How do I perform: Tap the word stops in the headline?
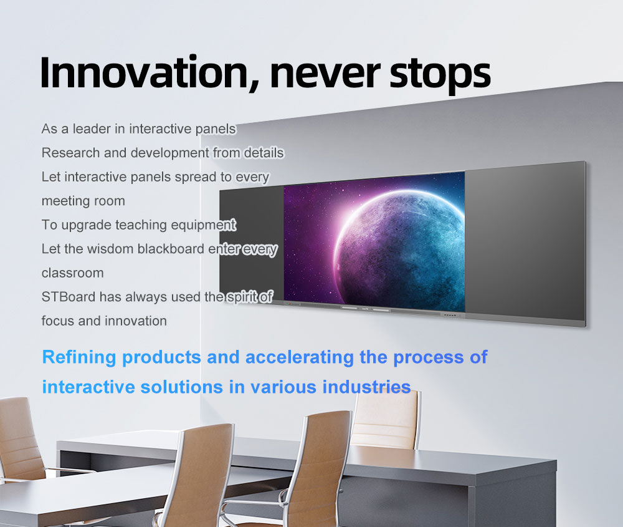tap(440, 75)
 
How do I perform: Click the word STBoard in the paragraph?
tap(69, 297)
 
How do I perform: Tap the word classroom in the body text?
tap(73, 273)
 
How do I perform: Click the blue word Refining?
tap(80, 357)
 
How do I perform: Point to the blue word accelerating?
tap(300, 357)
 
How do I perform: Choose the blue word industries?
tap(366, 387)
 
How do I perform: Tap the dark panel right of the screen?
tap(525, 243)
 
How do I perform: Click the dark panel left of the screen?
tap(252, 243)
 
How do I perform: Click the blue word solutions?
tap(182, 387)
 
